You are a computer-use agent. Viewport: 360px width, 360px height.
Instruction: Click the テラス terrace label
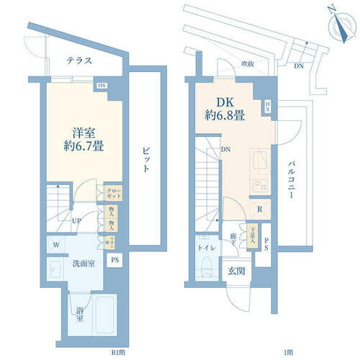point(78,60)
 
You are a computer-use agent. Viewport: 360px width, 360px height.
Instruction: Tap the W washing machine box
point(55,243)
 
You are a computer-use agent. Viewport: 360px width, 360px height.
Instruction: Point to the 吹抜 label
point(248,63)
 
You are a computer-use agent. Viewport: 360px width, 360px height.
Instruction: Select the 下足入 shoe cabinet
point(253,238)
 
